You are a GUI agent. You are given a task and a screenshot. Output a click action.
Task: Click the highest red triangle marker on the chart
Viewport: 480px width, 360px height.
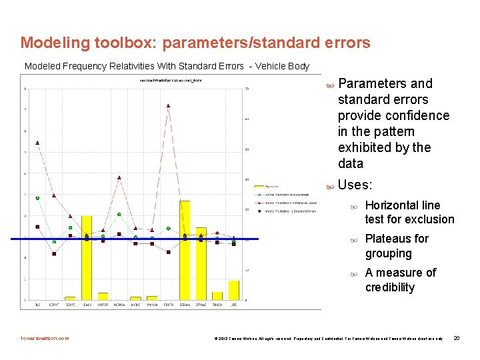(168, 105)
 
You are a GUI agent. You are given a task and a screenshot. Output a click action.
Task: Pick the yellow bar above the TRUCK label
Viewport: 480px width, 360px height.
(217, 295)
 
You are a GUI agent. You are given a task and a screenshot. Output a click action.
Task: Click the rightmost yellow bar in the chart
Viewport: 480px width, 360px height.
(233, 290)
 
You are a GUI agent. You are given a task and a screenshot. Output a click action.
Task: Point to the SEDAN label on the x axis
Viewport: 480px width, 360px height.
(185, 305)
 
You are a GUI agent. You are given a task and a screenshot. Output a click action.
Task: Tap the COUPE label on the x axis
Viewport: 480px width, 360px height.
(70, 305)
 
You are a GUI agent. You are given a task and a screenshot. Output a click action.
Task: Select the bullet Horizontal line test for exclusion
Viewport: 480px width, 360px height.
(409, 212)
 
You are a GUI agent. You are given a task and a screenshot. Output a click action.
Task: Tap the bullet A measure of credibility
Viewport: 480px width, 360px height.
(400, 280)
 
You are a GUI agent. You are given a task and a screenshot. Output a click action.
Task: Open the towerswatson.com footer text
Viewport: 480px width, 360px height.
(45, 338)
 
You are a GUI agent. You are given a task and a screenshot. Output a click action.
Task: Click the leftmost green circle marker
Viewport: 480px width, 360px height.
(37, 198)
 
